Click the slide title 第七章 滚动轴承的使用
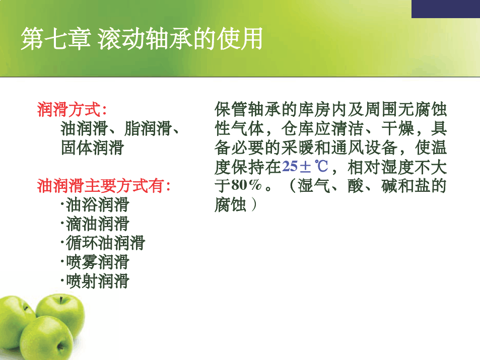[142, 39]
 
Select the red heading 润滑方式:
[72, 109]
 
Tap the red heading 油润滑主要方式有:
[104, 185]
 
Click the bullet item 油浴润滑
[95, 204]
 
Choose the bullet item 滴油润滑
[95, 224]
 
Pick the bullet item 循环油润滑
[103, 243]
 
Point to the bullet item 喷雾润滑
[95, 262]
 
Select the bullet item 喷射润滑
[95, 281]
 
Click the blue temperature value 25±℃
[305, 167]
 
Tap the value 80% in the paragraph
[247, 185]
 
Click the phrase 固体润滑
[92, 148]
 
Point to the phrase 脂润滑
[148, 128]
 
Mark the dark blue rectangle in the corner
[446, 9]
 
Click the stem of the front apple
[60, 346]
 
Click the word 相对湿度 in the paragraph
[381, 167]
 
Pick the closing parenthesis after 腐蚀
[253, 204]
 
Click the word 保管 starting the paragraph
[231, 109]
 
